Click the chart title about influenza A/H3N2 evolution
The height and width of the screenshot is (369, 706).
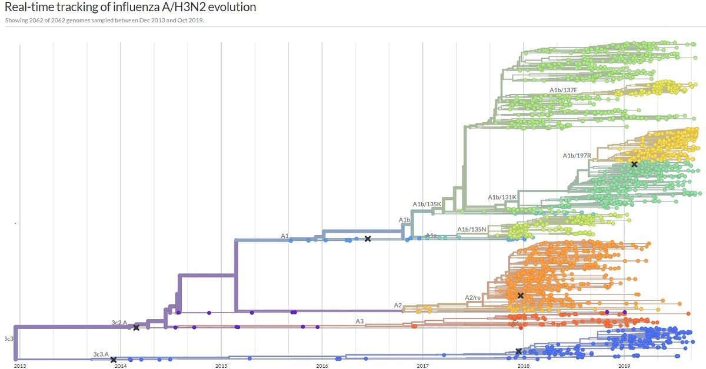(x=130, y=8)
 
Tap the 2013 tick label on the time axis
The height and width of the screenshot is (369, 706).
(x=20, y=366)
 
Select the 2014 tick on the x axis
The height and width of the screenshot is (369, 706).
(x=121, y=366)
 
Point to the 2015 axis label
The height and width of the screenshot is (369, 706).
(x=221, y=366)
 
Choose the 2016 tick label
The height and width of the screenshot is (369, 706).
(x=322, y=366)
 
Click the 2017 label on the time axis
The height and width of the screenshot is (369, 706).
(x=422, y=366)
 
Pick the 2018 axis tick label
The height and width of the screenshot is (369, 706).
(x=523, y=366)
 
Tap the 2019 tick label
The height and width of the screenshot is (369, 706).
(x=624, y=366)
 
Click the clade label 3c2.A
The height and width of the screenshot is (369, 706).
(x=119, y=323)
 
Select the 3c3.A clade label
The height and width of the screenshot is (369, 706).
(x=101, y=354)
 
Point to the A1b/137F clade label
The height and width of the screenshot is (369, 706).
(x=564, y=90)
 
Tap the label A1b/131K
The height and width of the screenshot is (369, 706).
(x=502, y=197)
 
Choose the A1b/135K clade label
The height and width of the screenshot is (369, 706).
(x=427, y=204)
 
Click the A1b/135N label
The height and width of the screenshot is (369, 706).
(x=471, y=229)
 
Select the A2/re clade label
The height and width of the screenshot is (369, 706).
(x=473, y=298)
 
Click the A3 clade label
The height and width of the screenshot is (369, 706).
(x=359, y=321)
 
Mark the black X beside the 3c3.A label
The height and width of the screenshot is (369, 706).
(x=114, y=360)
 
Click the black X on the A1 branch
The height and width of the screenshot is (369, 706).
(x=368, y=239)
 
